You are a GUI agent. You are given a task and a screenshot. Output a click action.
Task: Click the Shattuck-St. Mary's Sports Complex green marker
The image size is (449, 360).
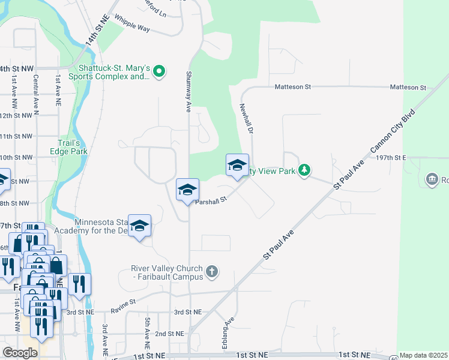(159, 72)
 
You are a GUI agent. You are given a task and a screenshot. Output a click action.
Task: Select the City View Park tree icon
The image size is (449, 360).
(305, 171)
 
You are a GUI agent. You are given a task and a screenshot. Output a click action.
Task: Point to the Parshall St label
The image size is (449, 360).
(210, 202)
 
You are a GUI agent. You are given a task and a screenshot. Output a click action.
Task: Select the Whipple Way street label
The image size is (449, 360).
(131, 23)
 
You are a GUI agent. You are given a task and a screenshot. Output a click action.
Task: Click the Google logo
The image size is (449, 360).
(20, 353)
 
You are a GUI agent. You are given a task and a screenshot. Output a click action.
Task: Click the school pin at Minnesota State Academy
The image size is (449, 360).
(139, 226)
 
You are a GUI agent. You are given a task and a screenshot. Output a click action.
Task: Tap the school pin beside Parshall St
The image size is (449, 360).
(187, 190)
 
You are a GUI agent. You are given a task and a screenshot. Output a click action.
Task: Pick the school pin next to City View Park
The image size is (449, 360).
(237, 165)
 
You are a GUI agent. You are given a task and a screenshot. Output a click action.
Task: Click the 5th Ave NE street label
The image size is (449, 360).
(146, 334)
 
